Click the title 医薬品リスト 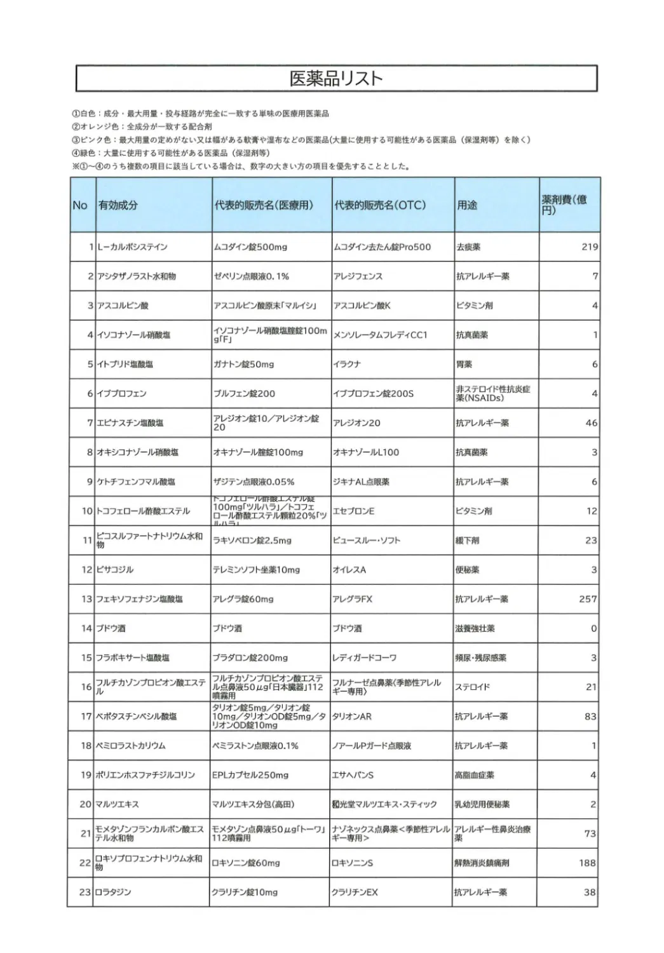336,78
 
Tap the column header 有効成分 118,205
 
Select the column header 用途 467,205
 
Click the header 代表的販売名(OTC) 380,205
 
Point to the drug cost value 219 589,247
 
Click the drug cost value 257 588,599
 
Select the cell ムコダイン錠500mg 250,247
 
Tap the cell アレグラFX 353,599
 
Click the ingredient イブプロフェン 121,394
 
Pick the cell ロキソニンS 353,863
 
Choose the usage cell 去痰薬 468,247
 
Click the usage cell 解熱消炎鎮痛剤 482,863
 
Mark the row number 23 85,893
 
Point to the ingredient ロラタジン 114,893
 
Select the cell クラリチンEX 355,893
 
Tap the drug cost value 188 587,863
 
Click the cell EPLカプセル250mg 250,775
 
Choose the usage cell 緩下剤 467,541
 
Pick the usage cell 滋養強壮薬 475,629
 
